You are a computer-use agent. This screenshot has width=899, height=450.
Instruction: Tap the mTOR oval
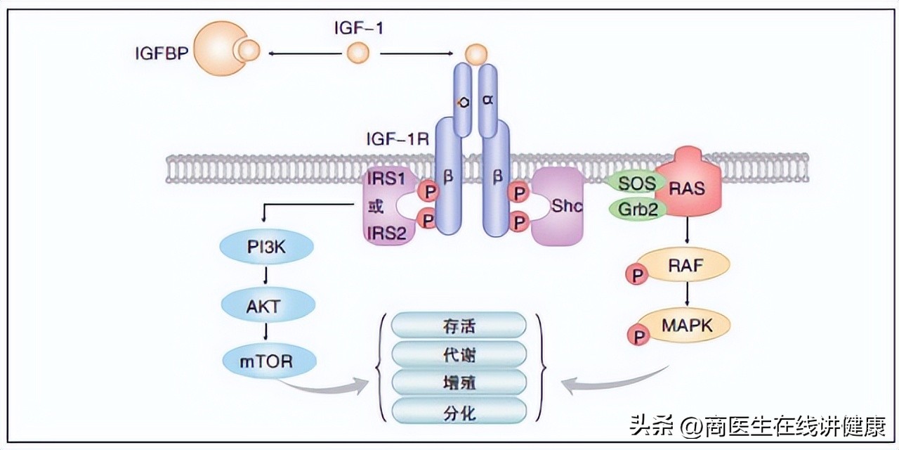click(x=267, y=361)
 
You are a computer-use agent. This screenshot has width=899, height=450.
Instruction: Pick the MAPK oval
click(x=687, y=326)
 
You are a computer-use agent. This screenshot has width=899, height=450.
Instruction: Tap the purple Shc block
click(x=558, y=207)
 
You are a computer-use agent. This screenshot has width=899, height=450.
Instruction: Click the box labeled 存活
click(x=459, y=326)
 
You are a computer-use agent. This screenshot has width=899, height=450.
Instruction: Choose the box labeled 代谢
click(x=459, y=354)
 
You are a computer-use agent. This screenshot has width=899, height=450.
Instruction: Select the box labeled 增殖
click(x=459, y=382)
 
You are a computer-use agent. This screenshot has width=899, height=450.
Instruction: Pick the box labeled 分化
click(x=459, y=411)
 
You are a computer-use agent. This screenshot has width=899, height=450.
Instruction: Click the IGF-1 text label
click(x=358, y=29)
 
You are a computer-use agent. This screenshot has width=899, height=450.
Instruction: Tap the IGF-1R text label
click(x=397, y=136)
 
